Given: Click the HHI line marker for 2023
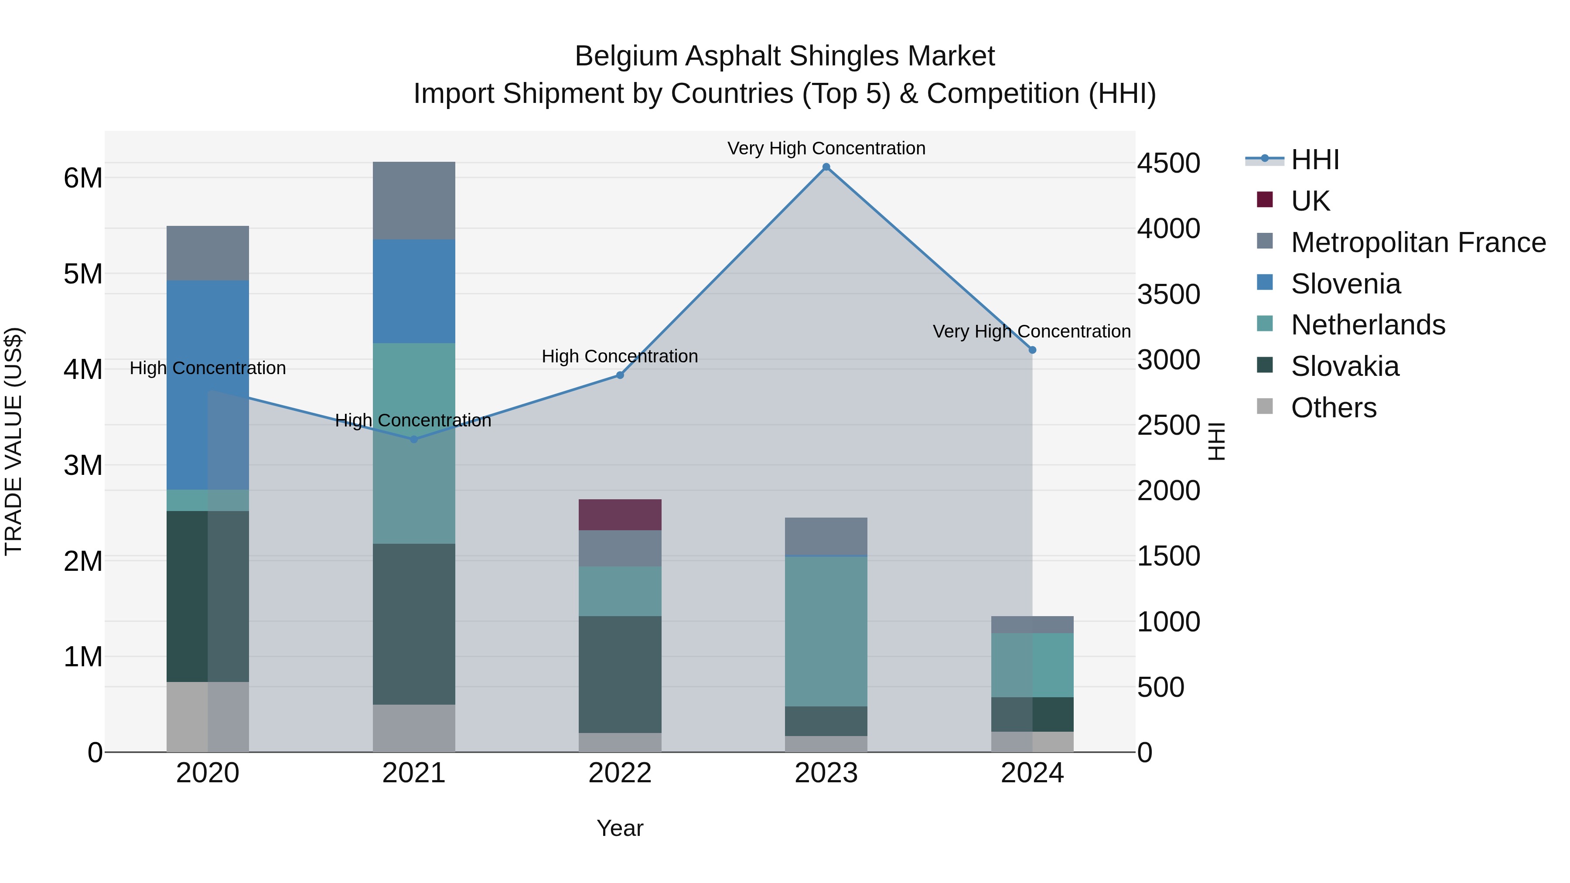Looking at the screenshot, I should (x=826, y=167).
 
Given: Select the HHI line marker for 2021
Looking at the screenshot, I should (x=414, y=440).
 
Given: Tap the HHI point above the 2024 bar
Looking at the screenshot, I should (x=1032, y=351).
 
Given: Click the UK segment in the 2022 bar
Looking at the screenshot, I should (x=620, y=515).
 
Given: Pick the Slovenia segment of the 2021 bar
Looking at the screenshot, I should (x=414, y=291).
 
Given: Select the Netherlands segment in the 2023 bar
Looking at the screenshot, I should (x=826, y=631).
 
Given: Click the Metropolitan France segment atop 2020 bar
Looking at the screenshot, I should (x=208, y=253).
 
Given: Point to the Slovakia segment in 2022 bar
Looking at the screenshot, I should (x=620, y=674).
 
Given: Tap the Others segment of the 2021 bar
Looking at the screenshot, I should (x=414, y=728).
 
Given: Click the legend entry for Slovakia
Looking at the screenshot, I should (x=1345, y=367).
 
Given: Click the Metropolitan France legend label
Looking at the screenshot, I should (x=1418, y=242).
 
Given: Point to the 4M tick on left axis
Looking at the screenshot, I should (x=83, y=370).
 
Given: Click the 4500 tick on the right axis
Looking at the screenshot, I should (x=1168, y=164).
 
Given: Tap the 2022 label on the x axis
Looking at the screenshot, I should (x=620, y=773).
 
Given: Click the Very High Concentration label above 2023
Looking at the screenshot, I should (x=826, y=149).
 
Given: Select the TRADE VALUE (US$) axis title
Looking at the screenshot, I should (x=14, y=441).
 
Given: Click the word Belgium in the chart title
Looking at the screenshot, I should (x=626, y=57).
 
